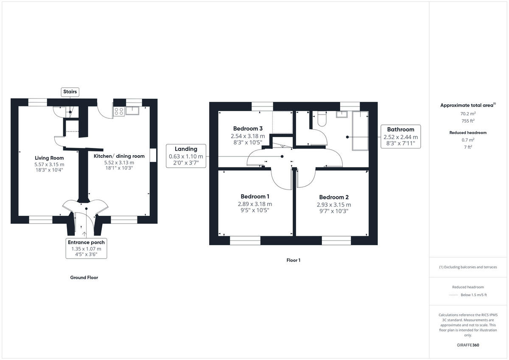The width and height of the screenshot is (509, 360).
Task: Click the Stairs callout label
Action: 70,92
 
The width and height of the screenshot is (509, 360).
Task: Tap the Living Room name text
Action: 49,158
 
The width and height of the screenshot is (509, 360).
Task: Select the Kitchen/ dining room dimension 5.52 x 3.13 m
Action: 119,162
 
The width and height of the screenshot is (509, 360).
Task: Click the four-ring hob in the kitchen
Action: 119,111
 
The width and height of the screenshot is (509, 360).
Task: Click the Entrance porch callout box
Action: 86,248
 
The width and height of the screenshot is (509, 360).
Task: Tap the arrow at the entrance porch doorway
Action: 85,233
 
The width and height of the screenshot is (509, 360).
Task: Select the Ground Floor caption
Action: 84,278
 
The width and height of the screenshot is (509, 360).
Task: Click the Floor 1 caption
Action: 293,260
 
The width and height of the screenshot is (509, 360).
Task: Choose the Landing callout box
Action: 186,156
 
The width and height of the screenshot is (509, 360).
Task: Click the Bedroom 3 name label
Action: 248,128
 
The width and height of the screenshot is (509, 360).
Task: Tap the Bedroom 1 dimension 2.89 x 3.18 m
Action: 255,204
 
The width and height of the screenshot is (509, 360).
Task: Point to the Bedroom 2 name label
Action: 334,197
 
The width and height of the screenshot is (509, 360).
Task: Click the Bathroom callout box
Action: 400,137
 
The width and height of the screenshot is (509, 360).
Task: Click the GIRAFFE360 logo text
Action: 468,345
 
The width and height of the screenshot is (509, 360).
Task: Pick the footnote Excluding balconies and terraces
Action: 468,267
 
